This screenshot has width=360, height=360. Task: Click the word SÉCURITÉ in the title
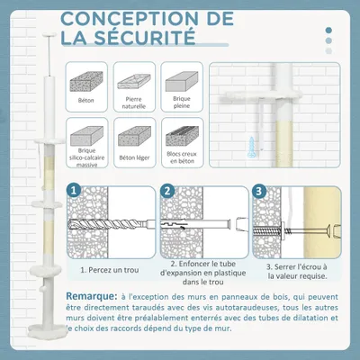click(x=148, y=38)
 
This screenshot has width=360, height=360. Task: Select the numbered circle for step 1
click(x=75, y=192)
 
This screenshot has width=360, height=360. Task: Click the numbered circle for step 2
click(x=167, y=192)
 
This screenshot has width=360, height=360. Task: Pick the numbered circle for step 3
click(x=259, y=192)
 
